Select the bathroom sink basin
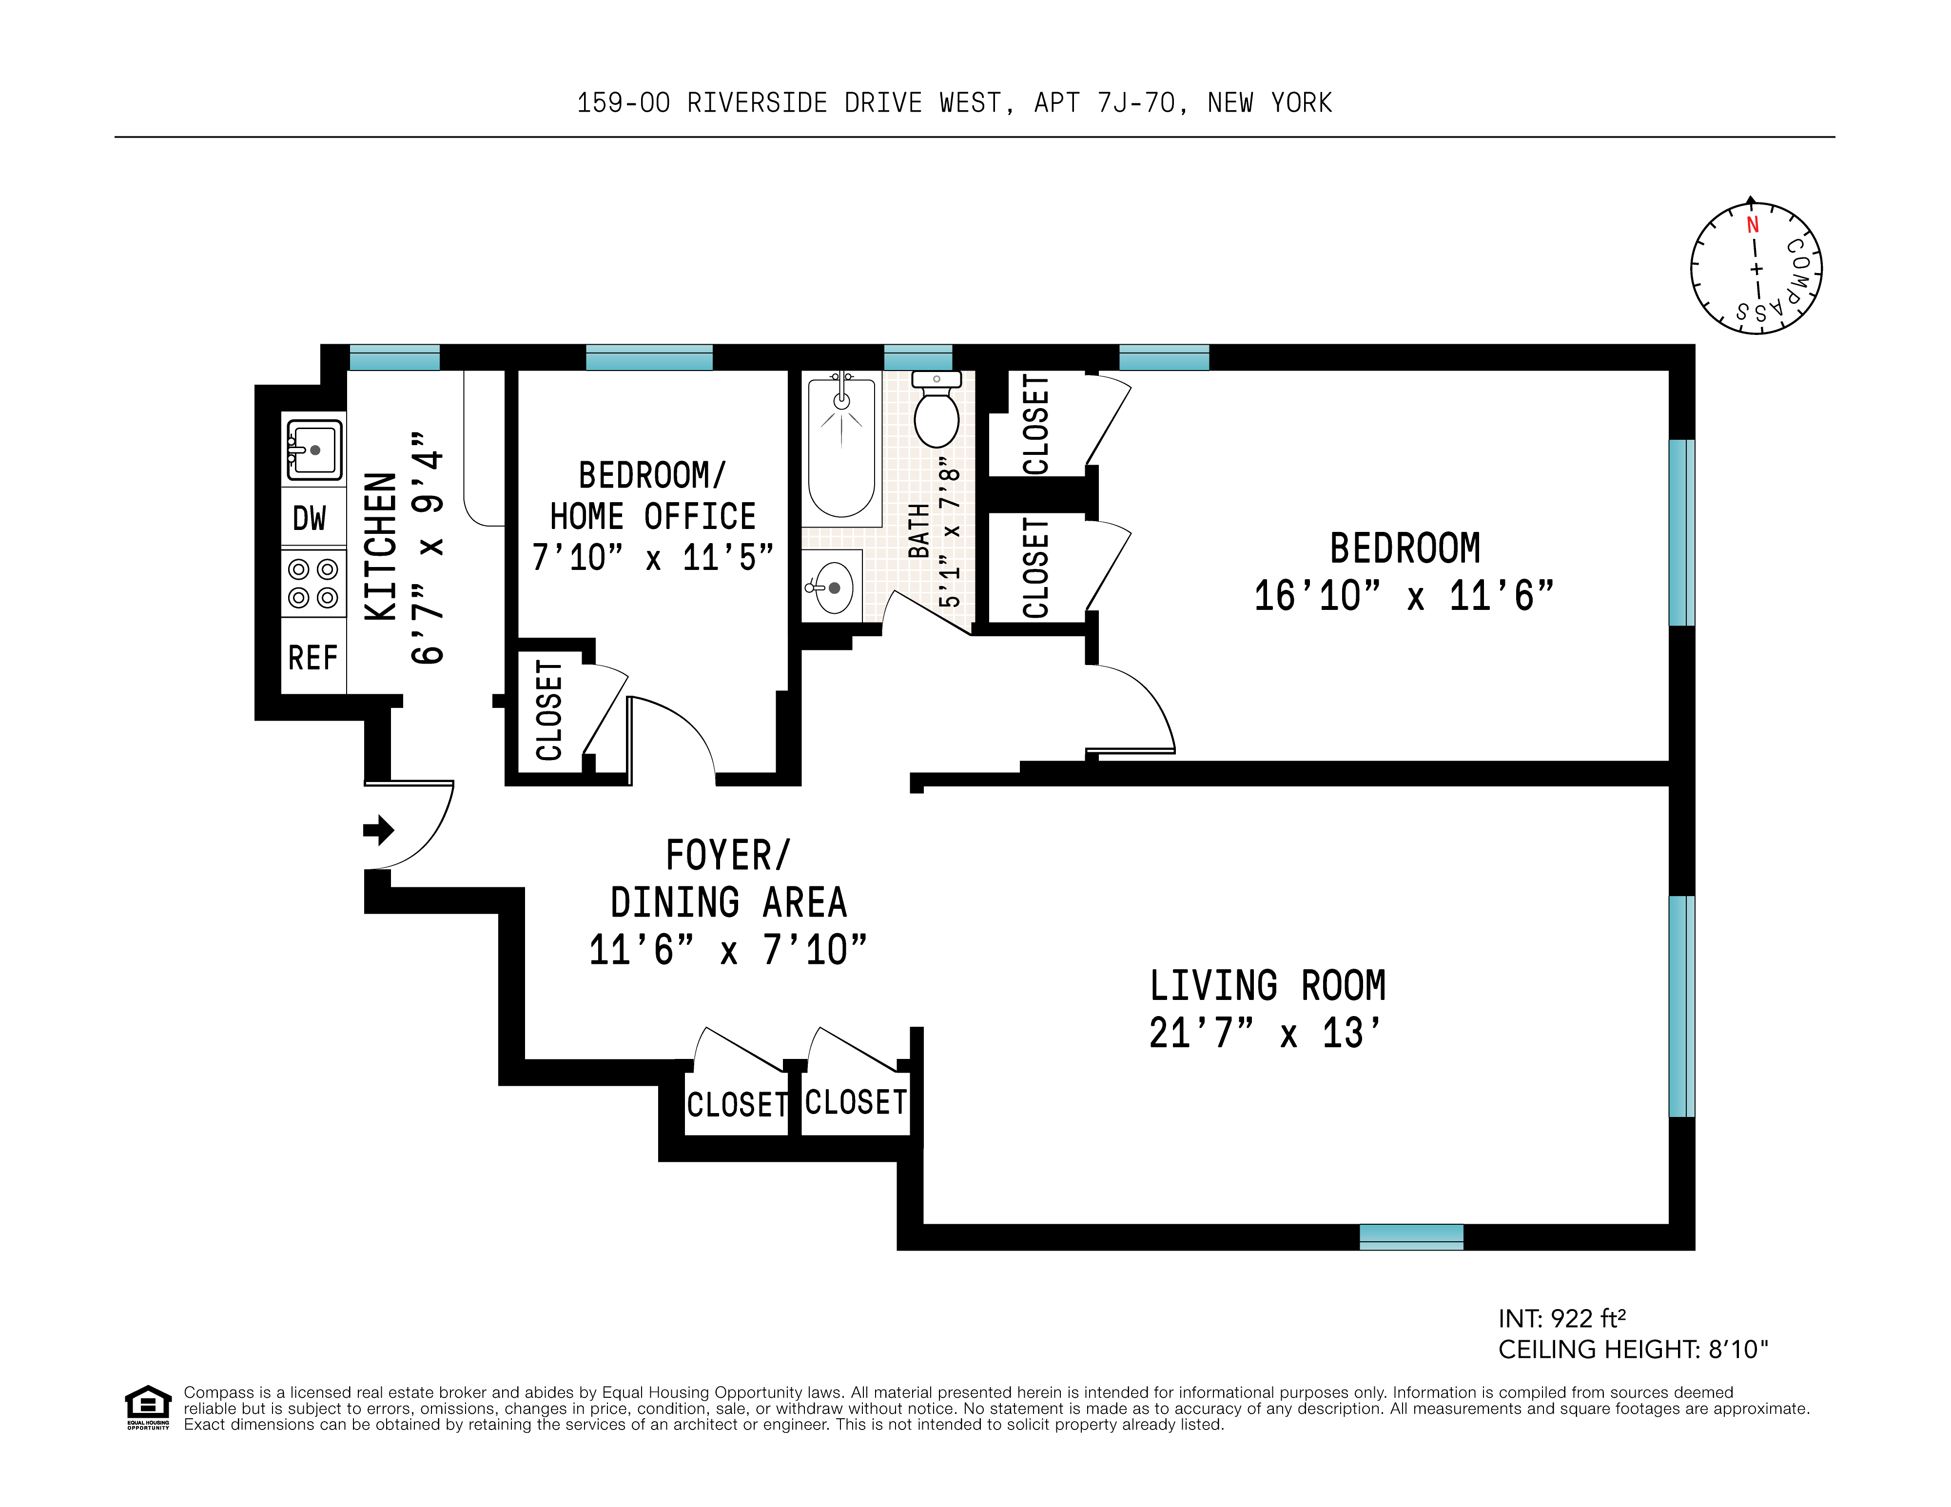(834, 587)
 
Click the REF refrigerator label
(312, 658)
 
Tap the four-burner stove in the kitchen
(313, 583)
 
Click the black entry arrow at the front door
(379, 830)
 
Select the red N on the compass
(1752, 225)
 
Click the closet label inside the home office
(548, 711)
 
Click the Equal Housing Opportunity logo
(147, 1407)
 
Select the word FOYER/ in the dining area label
(728, 856)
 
